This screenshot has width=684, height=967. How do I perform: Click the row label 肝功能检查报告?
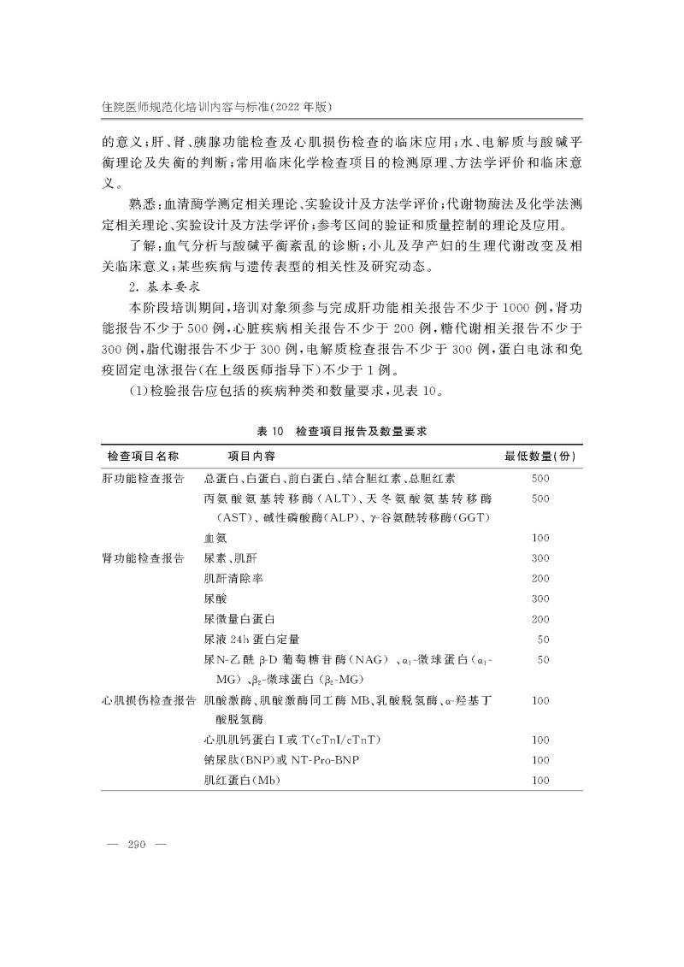[144, 478]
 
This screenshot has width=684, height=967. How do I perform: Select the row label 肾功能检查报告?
[144, 558]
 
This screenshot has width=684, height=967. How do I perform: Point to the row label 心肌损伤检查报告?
[150, 700]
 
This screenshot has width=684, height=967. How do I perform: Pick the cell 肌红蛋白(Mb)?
[242, 781]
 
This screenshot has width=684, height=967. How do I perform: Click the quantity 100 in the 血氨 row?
[540, 538]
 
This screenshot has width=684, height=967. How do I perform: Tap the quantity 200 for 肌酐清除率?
[540, 578]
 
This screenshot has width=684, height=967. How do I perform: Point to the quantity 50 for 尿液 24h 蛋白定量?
[542, 639]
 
